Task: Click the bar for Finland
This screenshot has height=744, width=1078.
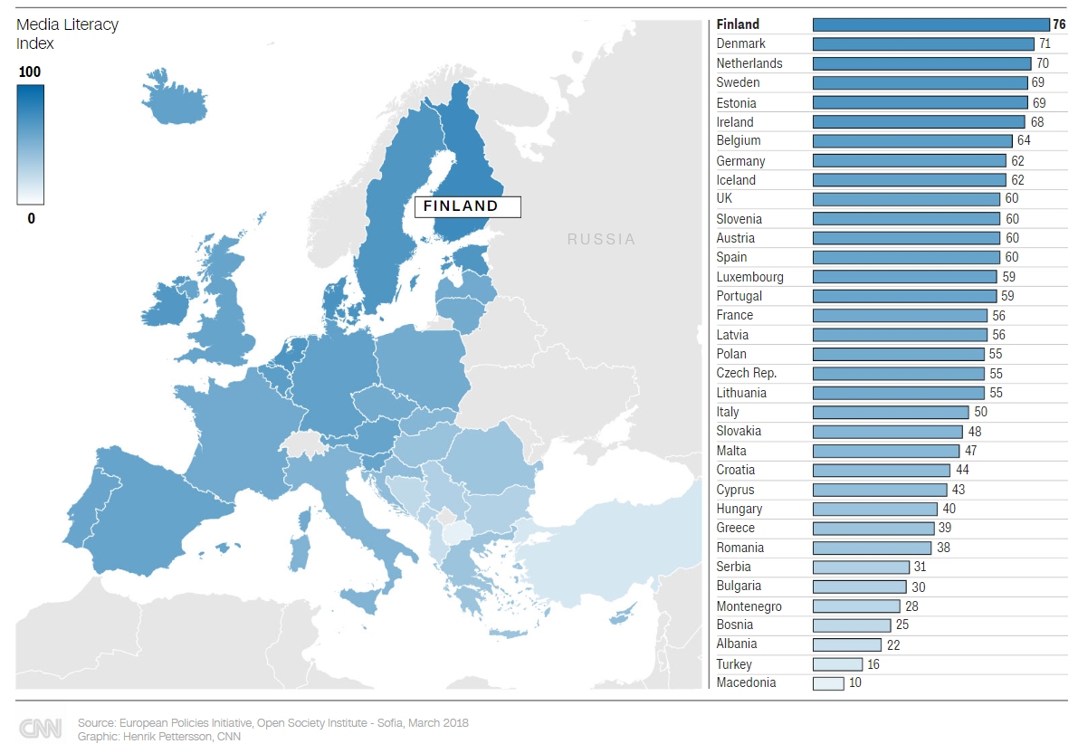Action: pos(930,24)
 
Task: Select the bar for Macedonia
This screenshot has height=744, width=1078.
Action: pos(828,683)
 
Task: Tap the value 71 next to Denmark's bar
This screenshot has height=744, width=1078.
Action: pos(1044,43)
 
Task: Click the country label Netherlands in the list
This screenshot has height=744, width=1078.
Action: pos(749,63)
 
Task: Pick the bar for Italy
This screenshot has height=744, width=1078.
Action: pos(891,412)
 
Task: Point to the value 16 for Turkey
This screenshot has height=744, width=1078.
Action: pos(873,664)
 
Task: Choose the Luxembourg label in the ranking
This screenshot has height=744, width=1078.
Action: pos(749,277)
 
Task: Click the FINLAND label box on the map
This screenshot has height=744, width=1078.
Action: pos(468,206)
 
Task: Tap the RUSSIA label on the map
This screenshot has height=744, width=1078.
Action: pos(601,240)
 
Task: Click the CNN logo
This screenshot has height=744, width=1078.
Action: pos(41,729)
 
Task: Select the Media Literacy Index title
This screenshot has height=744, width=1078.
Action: pos(67,34)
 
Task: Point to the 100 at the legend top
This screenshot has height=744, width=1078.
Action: pos(30,72)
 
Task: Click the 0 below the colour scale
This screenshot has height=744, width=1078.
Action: pos(31,218)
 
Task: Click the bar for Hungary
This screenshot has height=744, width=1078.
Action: pos(874,509)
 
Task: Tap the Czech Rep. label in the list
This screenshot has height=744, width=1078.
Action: pos(746,373)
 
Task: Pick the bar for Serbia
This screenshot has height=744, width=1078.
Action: pos(861,567)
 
